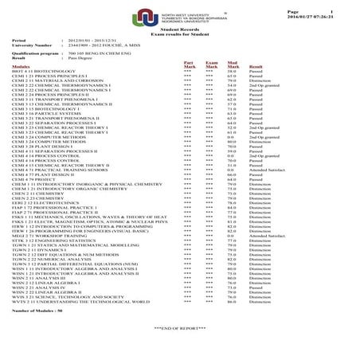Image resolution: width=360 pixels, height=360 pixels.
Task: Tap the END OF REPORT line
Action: pyautogui.click(x=181, y=329)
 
